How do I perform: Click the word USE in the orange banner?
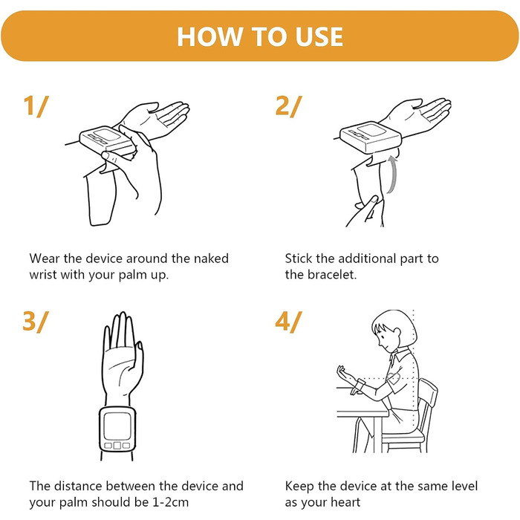(319, 36)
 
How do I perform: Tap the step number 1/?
(36, 106)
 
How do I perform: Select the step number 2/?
(289, 106)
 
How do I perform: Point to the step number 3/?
(36, 322)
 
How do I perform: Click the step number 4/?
(289, 322)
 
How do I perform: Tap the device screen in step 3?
(117, 426)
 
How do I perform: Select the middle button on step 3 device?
(117, 445)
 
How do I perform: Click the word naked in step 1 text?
(211, 259)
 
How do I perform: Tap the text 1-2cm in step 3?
(170, 502)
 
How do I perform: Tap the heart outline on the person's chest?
(394, 378)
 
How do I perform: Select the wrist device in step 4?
(360, 386)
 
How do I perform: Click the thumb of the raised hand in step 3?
(139, 360)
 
